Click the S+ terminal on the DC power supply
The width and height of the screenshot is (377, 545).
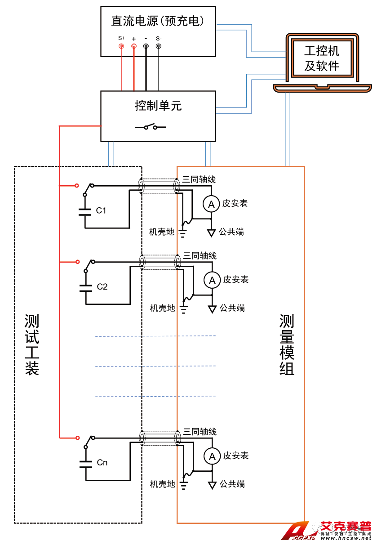click(x=121, y=46)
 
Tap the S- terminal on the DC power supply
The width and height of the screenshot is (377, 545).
click(x=158, y=46)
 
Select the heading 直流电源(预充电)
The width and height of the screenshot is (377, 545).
click(x=158, y=21)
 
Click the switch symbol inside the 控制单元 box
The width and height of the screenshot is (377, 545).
click(x=151, y=127)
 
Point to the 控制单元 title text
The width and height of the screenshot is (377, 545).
click(x=158, y=106)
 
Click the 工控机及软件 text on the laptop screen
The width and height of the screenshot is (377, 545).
click(x=322, y=58)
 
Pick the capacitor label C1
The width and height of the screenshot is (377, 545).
click(x=102, y=210)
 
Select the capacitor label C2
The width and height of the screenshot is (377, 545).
click(x=102, y=286)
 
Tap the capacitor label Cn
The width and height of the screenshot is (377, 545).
click(x=102, y=462)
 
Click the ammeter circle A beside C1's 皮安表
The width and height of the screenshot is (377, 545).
click(x=211, y=204)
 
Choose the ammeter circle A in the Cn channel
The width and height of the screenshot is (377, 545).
click(x=211, y=456)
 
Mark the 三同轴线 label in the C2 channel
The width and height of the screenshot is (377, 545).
click(x=200, y=256)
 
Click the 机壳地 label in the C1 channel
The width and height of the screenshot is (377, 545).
click(x=162, y=232)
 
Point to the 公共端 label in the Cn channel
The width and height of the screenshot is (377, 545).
click(x=232, y=484)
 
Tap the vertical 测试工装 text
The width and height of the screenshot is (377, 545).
click(x=32, y=344)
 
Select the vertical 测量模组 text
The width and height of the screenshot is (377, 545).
click(x=287, y=344)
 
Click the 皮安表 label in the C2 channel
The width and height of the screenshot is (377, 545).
click(x=235, y=280)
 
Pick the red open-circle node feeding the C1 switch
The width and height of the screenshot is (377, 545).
click(x=77, y=185)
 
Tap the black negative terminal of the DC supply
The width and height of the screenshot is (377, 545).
click(x=146, y=46)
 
